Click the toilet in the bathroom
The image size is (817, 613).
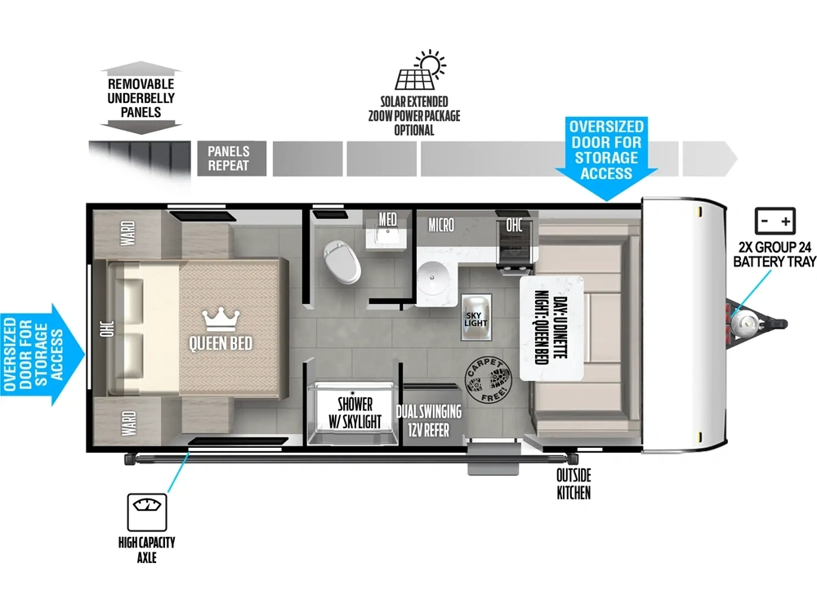click(x=342, y=262)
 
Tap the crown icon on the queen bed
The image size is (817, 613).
click(x=221, y=319)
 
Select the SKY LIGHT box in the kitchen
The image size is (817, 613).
click(x=476, y=317)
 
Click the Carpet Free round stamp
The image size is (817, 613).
click(x=489, y=380)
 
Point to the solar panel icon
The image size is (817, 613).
click(x=420, y=71)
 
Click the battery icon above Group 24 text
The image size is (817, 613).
click(x=775, y=221)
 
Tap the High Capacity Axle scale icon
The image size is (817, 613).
click(x=147, y=512)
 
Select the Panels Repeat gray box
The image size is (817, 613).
click(x=232, y=159)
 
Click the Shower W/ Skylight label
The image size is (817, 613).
click(x=355, y=412)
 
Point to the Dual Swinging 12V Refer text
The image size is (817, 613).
click(x=429, y=421)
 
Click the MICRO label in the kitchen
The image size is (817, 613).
click(x=441, y=226)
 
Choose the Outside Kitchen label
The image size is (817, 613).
click(x=574, y=484)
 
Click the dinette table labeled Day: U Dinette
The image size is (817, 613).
click(x=551, y=328)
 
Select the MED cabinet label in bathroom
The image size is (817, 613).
click(x=387, y=219)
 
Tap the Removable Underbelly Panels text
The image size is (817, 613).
click(x=141, y=98)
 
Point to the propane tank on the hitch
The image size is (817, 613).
click(x=743, y=324)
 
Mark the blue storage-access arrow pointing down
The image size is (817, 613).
click(x=606, y=159)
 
